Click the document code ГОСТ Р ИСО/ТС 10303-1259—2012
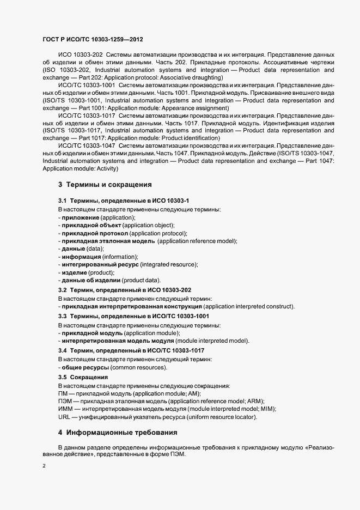93,40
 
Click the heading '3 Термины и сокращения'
105,185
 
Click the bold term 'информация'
81,257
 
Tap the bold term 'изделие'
73,272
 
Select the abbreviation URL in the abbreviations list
64,417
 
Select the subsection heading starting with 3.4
131,350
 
